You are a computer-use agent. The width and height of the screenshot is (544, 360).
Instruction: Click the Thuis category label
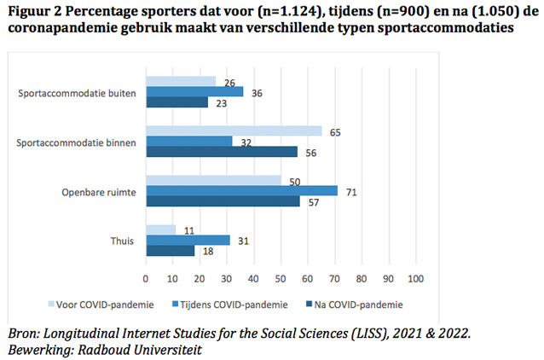coord(125,240)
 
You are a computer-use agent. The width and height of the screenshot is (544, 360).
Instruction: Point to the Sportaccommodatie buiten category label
coord(84,91)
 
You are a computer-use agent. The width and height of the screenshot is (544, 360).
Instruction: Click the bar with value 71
coord(241,190)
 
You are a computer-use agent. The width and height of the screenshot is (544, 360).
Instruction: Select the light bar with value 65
coord(234,131)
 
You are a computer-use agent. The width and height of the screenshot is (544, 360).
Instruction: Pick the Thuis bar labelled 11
coord(160,229)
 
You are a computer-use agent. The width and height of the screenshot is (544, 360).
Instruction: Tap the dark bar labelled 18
coord(171,251)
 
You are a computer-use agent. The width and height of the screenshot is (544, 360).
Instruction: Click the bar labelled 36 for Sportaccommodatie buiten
coord(194,91)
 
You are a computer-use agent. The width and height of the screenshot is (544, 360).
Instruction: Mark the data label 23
coord(221,102)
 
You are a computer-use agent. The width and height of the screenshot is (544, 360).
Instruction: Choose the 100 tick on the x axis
coord(416,278)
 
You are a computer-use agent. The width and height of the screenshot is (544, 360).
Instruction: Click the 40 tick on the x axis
coord(254,278)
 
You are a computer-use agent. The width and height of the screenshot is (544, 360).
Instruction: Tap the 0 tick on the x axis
coord(146,278)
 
